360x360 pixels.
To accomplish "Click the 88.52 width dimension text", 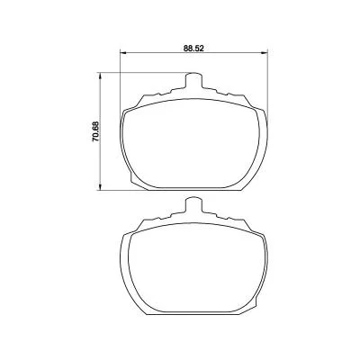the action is tap(193, 49).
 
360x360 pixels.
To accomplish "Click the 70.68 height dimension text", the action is tap(95, 131).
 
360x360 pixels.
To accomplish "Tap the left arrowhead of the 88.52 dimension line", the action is tap(123, 53).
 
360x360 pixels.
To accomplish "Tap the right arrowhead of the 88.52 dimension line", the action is tap(264, 53).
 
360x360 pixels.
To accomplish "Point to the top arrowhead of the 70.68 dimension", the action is tap(101, 76).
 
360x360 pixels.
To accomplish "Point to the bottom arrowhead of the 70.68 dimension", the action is tap(101, 186).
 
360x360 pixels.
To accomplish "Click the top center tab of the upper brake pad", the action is tap(193, 80).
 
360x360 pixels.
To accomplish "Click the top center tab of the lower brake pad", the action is tap(193, 205).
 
